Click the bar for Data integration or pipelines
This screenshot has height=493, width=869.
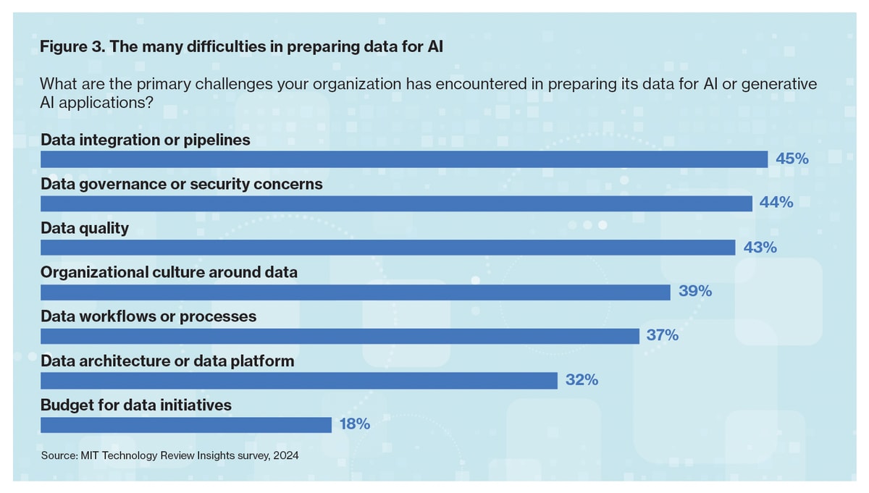(404, 159)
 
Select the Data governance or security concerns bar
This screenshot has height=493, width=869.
(396, 203)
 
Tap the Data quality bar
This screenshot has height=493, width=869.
(387, 248)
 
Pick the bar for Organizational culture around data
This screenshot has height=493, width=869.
(356, 292)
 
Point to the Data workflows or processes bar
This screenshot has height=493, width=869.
(340, 337)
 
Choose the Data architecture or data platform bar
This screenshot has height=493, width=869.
(299, 381)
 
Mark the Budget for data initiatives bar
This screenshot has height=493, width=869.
(186, 425)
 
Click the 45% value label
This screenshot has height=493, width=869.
(792, 159)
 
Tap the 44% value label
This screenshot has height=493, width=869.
(776, 202)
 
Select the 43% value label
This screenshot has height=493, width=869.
(760, 247)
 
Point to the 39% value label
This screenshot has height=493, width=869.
(694, 291)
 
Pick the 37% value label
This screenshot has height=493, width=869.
(662, 334)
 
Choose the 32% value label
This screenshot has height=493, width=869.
(582, 380)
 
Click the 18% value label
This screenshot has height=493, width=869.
(355, 424)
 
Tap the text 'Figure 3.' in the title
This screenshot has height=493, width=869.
(72, 47)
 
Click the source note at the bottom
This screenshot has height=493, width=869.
(170, 455)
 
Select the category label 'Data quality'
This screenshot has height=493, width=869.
(85, 229)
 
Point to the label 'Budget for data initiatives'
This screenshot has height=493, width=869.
(136, 405)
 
